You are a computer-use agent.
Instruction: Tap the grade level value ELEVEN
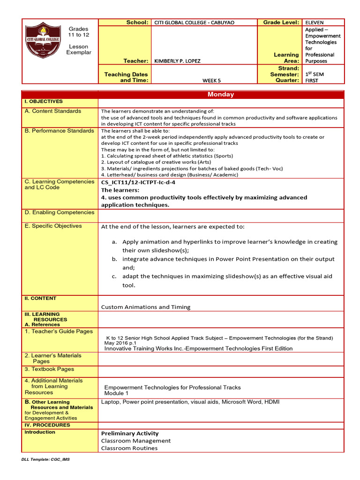(314, 22)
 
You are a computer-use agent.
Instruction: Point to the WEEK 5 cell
(205, 80)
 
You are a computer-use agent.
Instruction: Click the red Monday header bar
(221, 94)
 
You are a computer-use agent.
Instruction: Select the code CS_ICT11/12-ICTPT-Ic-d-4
(142, 182)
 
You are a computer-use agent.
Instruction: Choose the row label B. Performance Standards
(59, 131)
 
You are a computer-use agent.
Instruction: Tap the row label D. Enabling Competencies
(59, 212)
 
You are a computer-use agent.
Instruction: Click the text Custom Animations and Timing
(146, 307)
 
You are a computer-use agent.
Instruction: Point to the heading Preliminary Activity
(130, 433)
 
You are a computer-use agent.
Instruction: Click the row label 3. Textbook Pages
(49, 369)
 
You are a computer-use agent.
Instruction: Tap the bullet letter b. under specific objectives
(114, 259)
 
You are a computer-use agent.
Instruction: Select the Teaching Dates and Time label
(126, 77)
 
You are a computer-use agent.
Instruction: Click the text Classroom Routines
(129, 448)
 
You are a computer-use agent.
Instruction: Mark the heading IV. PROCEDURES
(47, 425)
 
